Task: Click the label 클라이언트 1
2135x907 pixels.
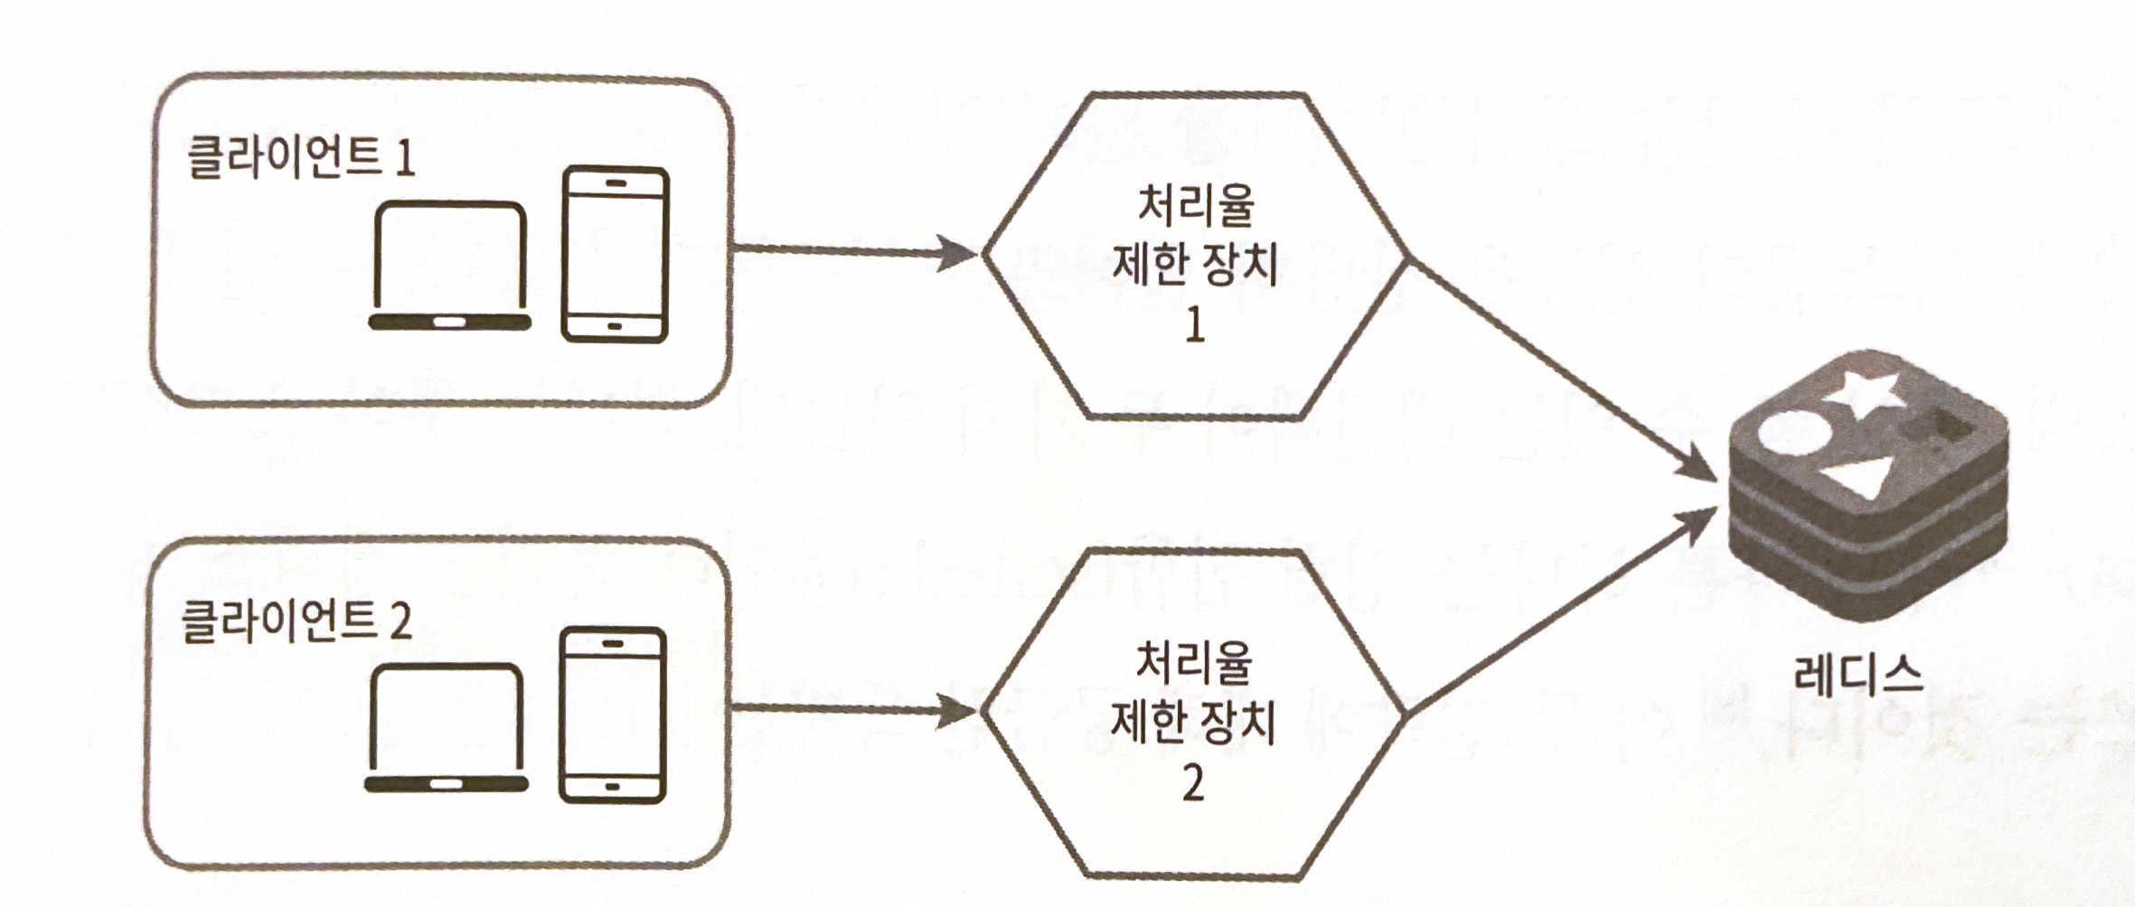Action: [300, 158]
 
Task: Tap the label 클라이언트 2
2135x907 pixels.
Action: [296, 621]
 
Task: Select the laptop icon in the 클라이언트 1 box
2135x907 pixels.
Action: [450, 266]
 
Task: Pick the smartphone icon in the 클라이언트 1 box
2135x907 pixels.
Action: [615, 255]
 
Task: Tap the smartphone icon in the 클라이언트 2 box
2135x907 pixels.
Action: [613, 715]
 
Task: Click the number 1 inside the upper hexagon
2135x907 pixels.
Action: [1194, 324]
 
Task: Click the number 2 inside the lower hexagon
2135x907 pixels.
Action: [1193, 783]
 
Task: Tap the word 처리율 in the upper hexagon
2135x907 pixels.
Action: [1195, 205]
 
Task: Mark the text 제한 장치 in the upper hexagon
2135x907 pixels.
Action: [1194, 265]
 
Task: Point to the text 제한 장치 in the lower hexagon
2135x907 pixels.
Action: [1192, 723]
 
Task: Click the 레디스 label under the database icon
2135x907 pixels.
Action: [1858, 675]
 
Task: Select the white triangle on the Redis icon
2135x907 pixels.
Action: [1858, 475]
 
